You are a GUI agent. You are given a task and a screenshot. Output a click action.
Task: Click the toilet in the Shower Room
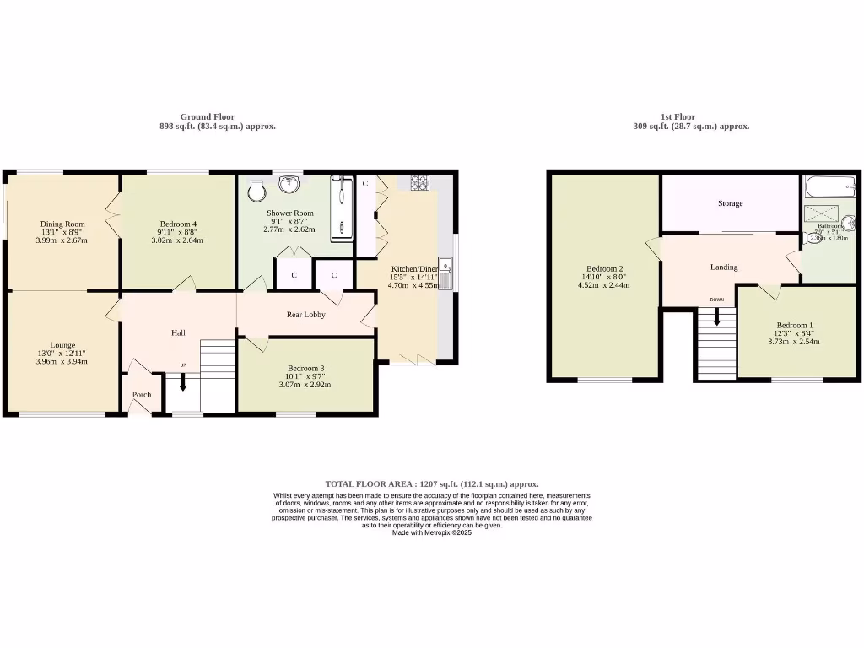click(256, 192)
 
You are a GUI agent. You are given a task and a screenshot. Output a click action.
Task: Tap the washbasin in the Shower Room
click(289, 183)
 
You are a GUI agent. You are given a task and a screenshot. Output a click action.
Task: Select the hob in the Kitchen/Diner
click(419, 181)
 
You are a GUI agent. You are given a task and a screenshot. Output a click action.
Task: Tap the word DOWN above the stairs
click(716, 300)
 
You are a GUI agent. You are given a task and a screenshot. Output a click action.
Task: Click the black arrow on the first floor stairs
click(717, 316)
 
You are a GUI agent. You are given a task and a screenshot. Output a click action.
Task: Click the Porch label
click(141, 394)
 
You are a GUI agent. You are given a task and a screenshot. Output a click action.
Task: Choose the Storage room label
click(730, 203)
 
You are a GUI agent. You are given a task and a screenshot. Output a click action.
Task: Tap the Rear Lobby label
click(305, 315)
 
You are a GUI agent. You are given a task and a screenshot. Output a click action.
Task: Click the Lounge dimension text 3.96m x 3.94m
click(62, 361)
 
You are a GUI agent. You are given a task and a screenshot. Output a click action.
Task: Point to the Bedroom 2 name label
click(603, 267)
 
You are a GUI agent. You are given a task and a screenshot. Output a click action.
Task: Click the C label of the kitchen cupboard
click(365, 183)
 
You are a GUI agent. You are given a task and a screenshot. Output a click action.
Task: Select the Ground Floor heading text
click(208, 117)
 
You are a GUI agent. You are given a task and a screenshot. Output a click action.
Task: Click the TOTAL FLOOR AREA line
click(431, 484)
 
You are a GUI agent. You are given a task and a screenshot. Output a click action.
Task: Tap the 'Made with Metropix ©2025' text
click(431, 532)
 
